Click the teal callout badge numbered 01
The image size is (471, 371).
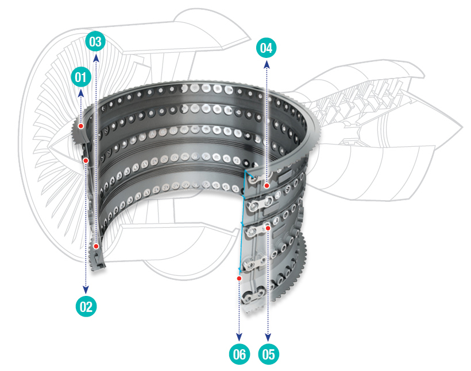click(81, 76)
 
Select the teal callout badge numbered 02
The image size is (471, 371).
click(86, 306)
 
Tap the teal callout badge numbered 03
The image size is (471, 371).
click(95, 41)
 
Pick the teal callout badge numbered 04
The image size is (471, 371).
click(266, 48)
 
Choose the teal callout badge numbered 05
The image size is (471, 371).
click(268, 354)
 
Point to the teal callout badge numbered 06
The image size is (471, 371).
click(239, 354)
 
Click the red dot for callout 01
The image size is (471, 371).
click(82, 126)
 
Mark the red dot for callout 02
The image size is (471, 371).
click(86, 161)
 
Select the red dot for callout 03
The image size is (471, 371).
click(96, 246)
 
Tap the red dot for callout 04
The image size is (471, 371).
click(267, 185)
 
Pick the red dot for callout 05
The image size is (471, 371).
click(268, 228)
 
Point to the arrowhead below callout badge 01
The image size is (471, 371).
click(81, 92)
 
